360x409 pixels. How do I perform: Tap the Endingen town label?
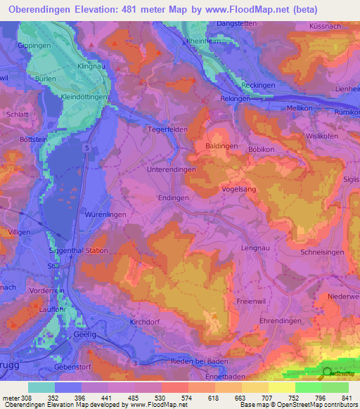click(174, 198)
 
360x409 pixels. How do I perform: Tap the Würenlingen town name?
click(103, 213)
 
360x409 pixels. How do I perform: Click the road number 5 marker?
click(84, 148)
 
